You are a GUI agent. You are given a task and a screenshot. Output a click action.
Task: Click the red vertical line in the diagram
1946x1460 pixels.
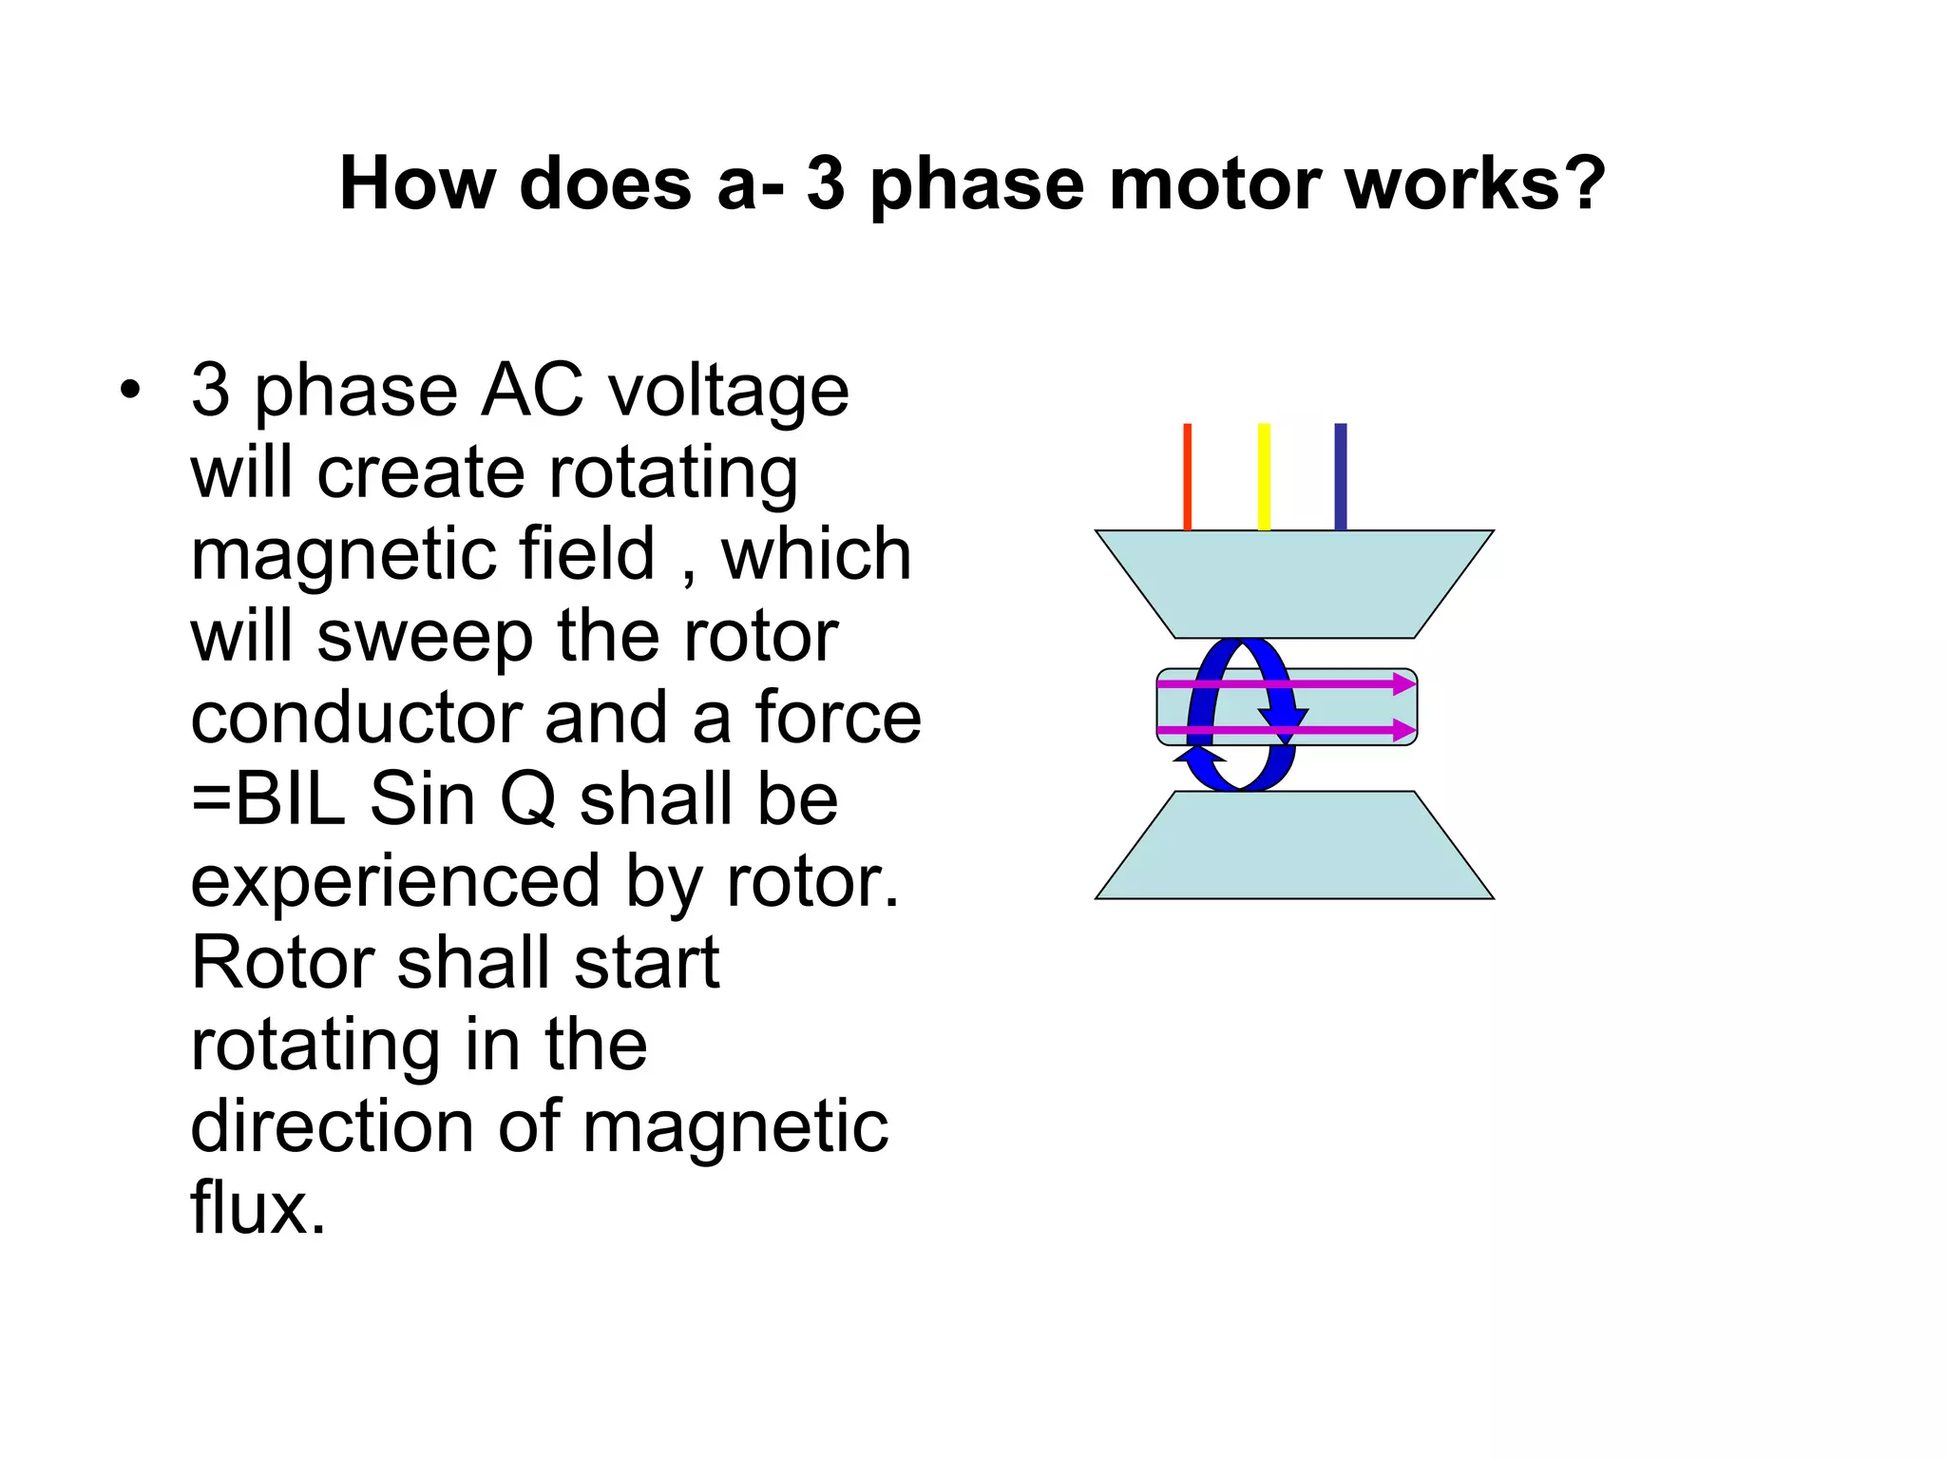1187,476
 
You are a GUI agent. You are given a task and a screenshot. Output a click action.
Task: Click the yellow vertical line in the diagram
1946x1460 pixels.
1264,476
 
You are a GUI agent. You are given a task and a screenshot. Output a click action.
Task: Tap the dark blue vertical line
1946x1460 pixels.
1340,476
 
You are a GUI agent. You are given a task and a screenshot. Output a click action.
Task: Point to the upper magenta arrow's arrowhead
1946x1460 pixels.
1404,683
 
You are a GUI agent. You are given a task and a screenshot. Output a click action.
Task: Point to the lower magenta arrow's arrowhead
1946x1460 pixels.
1404,730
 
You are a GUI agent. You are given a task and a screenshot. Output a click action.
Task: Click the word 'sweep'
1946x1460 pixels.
425,637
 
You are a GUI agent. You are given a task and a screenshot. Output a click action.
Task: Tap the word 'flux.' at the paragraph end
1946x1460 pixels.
258,1208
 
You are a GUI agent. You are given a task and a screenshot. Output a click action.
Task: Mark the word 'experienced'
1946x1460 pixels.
395,882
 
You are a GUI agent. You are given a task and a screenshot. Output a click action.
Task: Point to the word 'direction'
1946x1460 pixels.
332,1126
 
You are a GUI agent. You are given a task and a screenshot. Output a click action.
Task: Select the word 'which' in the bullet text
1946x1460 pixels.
816,554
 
